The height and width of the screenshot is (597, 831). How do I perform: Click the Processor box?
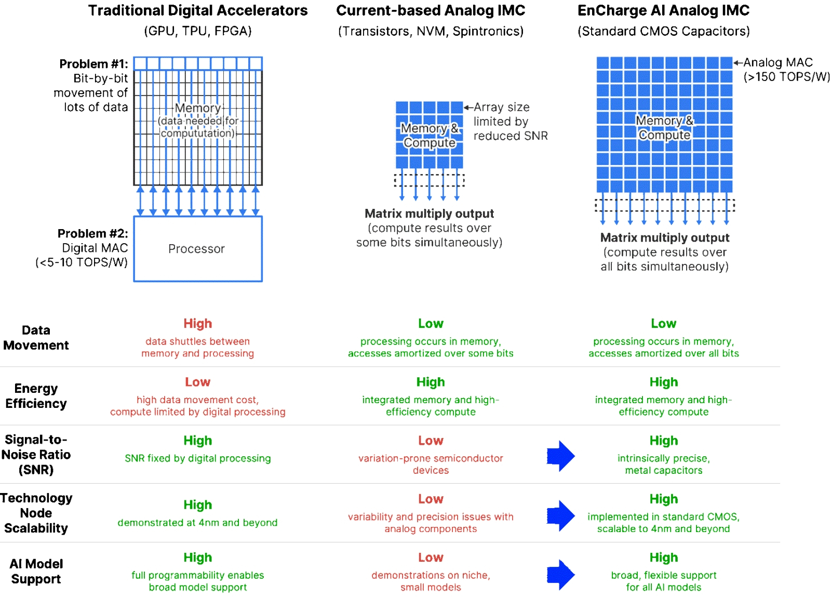197,249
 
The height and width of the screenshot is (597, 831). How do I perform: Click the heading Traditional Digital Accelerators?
197,10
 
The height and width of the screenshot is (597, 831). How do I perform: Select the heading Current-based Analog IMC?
431,10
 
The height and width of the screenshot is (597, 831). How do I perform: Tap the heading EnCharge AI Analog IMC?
663,10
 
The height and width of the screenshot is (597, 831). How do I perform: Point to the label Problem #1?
93,64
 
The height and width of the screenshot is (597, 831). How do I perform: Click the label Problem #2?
92,233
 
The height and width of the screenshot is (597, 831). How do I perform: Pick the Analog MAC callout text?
778,62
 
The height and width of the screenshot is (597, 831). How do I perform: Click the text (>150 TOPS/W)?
786,77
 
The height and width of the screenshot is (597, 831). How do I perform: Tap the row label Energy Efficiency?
36,396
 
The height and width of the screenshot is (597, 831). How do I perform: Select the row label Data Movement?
36,338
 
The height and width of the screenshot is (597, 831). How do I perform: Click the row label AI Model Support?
36,572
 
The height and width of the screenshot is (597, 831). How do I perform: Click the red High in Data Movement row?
197,324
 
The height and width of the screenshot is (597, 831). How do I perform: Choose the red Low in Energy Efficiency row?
197,382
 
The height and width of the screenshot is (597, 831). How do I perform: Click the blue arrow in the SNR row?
560,456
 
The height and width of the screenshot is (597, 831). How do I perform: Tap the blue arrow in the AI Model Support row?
560,575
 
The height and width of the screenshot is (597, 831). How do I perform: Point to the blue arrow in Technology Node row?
560,515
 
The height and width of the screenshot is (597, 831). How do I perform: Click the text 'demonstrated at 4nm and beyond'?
197,523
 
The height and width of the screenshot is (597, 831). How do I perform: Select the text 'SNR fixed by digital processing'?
197,458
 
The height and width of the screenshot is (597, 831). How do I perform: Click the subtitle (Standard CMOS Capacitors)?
663,31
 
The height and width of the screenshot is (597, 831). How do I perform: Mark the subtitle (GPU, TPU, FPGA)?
197,31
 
